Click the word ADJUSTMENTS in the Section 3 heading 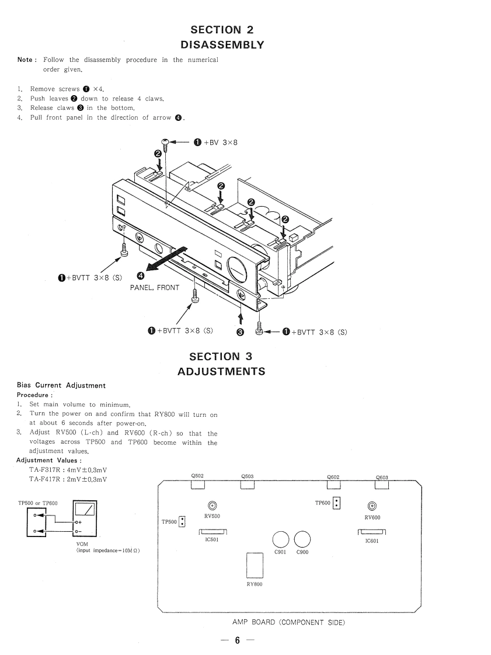(221, 371)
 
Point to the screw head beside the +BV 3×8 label (166, 142)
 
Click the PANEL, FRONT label (155, 287)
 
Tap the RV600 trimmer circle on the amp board (372, 506)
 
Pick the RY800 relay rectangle (255, 566)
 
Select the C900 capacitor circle (302, 539)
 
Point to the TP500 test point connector (182, 522)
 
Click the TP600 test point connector (337, 503)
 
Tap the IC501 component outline (213, 531)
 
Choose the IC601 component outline (372, 531)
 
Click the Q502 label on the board (197, 476)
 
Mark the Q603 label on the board (382, 478)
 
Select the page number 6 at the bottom (237, 640)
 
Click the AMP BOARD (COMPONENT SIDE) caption (288, 622)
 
